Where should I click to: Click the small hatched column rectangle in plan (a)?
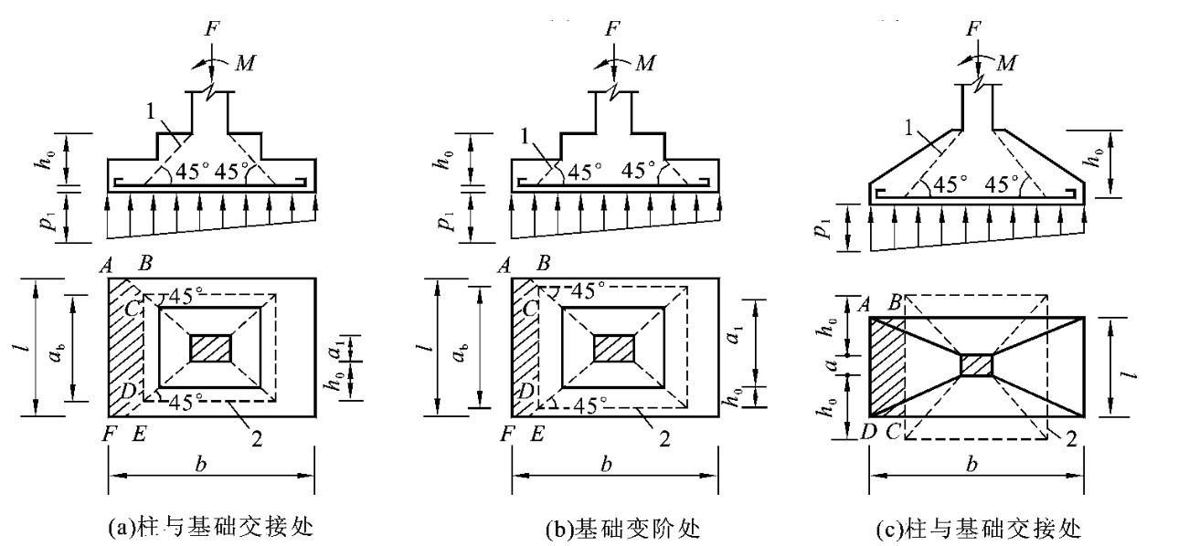[x=210, y=348]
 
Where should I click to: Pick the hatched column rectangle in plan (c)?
[x=977, y=364]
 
